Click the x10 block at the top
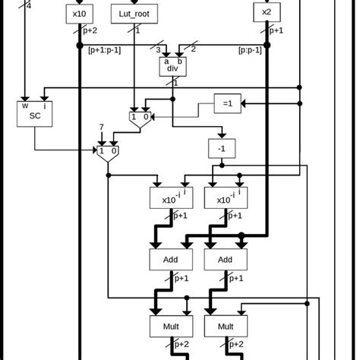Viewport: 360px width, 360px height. (79, 13)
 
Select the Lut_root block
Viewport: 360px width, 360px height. (134, 13)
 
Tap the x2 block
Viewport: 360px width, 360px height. (266, 12)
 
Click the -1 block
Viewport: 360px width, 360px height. (221, 149)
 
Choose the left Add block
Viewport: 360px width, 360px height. (170, 260)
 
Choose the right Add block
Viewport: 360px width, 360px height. (225, 260)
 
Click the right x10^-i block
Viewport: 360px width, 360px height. (225, 198)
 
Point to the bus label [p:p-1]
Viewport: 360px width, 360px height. (249, 50)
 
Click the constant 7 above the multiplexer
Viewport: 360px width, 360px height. (101, 127)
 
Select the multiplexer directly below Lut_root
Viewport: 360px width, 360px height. (140, 116)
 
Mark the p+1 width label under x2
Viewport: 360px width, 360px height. (277, 30)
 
